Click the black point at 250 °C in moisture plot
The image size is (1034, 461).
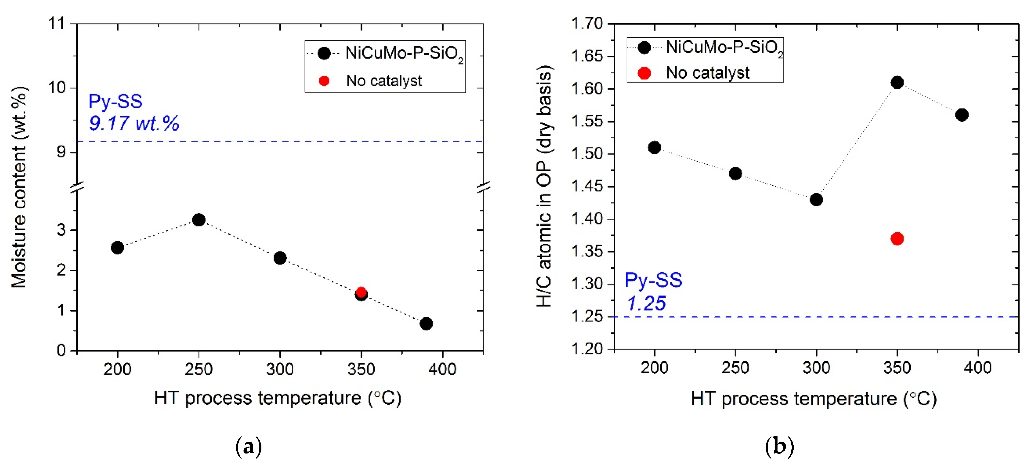(199, 220)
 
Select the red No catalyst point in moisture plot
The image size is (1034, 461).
(361, 292)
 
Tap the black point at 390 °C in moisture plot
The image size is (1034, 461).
(426, 323)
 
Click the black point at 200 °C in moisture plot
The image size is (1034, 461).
(117, 247)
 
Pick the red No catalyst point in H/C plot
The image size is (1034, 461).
(897, 239)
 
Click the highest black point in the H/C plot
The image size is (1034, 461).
(897, 83)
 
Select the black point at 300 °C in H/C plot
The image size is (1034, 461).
(816, 199)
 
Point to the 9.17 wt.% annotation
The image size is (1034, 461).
(134, 123)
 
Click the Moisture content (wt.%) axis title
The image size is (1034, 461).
(19, 187)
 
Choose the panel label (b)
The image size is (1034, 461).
(780, 446)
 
